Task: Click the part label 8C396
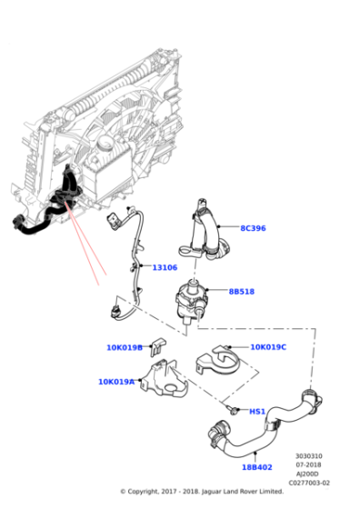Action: (253, 228)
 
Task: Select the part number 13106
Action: (165, 267)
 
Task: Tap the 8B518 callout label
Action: (242, 292)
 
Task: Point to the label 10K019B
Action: (125, 347)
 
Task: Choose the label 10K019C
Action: (268, 347)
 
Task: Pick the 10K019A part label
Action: (116, 382)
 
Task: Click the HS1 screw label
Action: (257, 412)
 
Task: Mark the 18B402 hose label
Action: (256, 467)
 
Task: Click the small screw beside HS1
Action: (233, 411)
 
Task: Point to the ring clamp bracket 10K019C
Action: (218, 361)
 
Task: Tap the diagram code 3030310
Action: (309, 456)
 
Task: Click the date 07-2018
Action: (308, 464)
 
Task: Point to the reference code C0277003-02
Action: (309, 483)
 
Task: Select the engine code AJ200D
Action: (307, 474)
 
